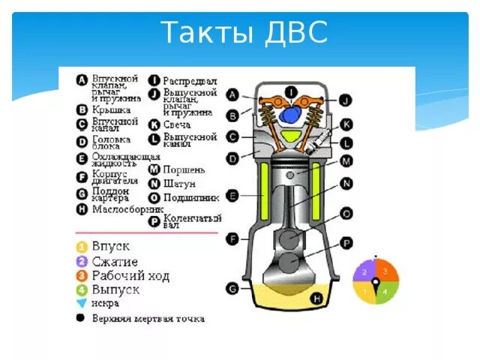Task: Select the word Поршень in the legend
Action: click(184, 169)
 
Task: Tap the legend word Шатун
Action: click(179, 183)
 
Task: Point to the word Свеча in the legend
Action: click(178, 124)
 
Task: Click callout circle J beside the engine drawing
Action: click(344, 99)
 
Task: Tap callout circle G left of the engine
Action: click(233, 287)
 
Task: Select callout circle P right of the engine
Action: click(346, 242)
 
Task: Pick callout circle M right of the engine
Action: click(346, 160)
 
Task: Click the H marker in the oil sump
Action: click(316, 299)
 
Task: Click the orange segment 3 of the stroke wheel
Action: click(385, 271)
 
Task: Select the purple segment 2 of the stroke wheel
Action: click(365, 271)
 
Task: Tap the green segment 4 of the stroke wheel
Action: click(385, 291)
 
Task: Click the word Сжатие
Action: click(115, 261)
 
